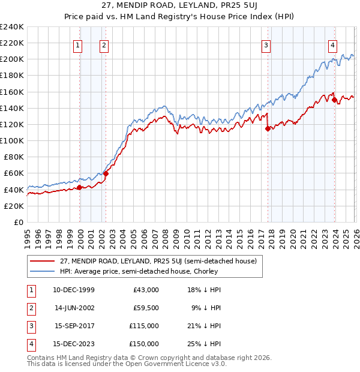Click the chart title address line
click(180, 6)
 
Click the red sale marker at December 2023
click(334, 100)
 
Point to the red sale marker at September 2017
click(268, 128)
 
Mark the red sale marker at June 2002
click(106, 173)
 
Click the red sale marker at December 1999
click(79, 187)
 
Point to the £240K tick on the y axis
click(12, 27)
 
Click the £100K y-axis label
click(12, 140)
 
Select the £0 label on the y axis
click(19, 222)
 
